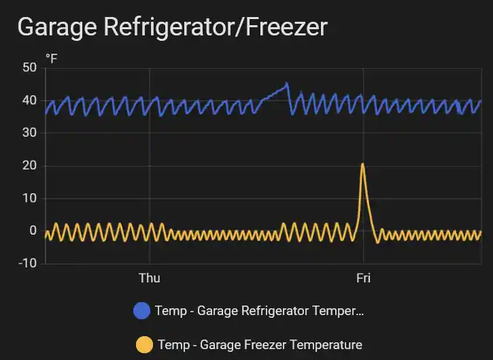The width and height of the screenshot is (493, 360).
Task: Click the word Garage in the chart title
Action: (x=57, y=27)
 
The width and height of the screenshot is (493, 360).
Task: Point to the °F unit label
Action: (x=52, y=59)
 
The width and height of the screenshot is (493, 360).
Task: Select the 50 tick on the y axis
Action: (x=29, y=67)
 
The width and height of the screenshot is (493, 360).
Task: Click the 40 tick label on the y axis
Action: (x=29, y=100)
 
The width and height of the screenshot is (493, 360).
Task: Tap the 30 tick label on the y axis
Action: (x=29, y=133)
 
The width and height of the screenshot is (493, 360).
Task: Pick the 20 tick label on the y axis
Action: (x=29, y=165)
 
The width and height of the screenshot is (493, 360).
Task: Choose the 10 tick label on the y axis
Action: (x=29, y=198)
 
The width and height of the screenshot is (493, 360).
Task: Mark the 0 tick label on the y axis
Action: (x=32, y=231)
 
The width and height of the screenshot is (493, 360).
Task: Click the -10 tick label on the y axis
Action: (x=27, y=263)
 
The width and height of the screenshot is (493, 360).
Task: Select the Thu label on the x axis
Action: (x=149, y=278)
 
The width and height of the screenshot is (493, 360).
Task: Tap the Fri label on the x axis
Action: (x=363, y=278)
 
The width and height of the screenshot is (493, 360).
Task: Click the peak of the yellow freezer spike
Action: (x=362, y=164)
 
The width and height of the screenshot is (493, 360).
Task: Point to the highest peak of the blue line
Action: (x=287, y=83)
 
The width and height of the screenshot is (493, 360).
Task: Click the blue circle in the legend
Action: (x=142, y=311)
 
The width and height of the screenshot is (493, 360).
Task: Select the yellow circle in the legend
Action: (x=144, y=344)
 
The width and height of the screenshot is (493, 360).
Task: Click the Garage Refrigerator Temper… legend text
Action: (x=260, y=311)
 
